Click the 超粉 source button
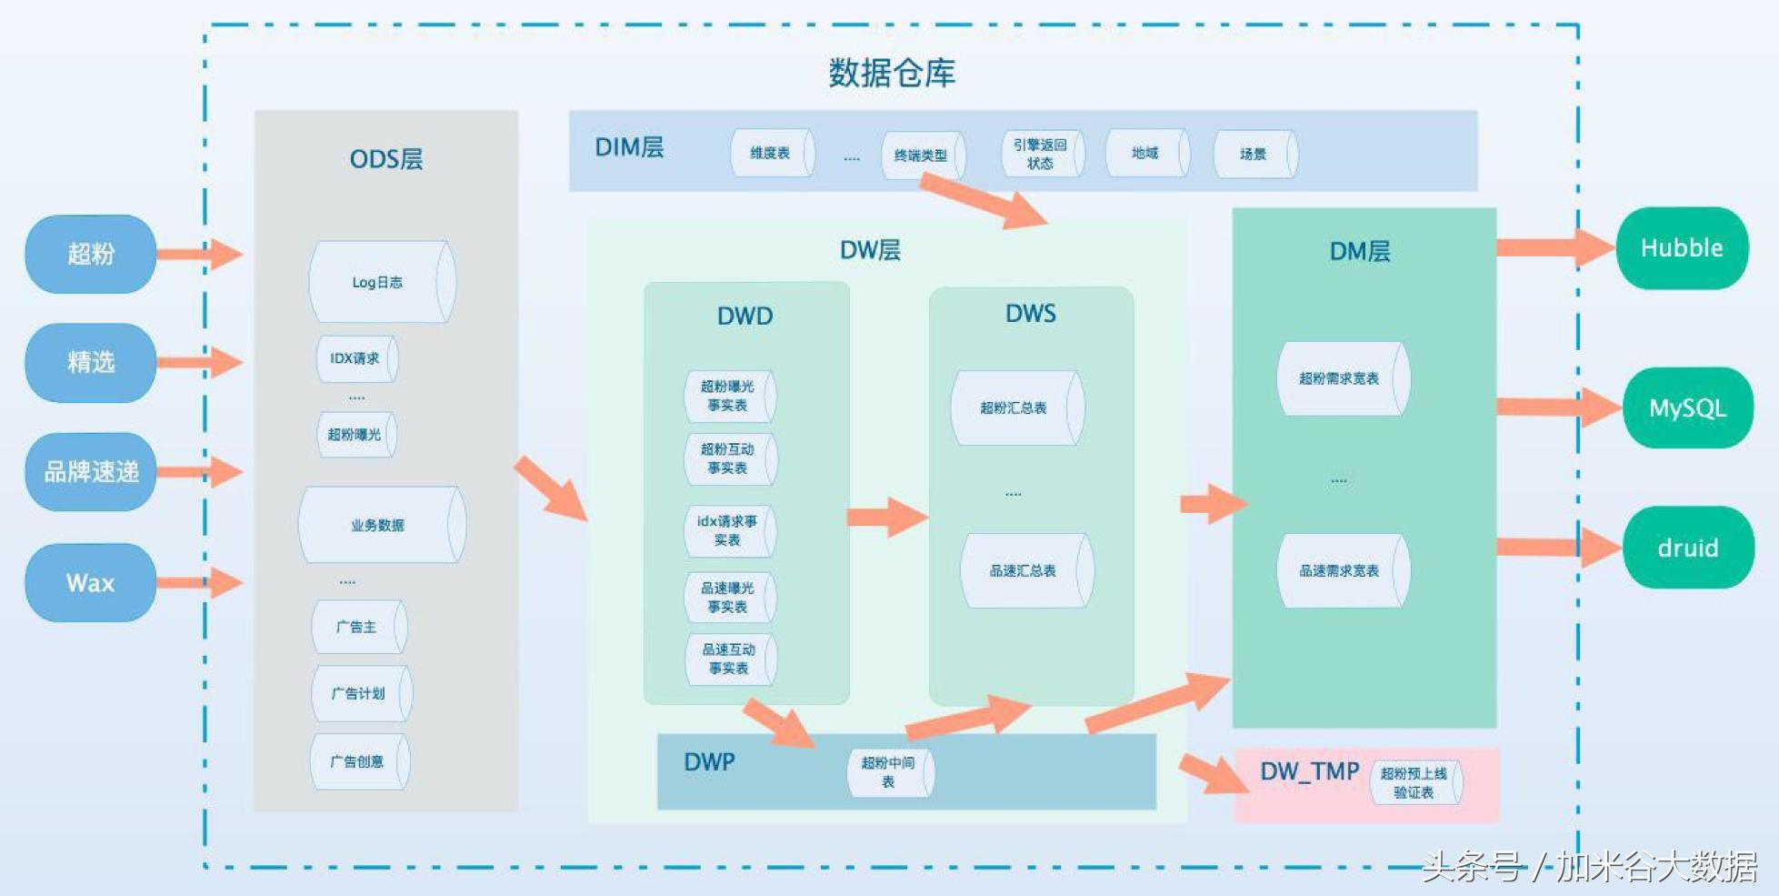90,254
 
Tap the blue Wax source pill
90,583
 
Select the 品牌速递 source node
90,471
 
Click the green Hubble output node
1681,248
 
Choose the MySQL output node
1686,408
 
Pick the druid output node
1687,548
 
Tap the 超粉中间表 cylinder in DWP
889,772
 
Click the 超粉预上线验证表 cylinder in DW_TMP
1414,782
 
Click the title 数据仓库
891,73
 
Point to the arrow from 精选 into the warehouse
199,362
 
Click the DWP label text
709,761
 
